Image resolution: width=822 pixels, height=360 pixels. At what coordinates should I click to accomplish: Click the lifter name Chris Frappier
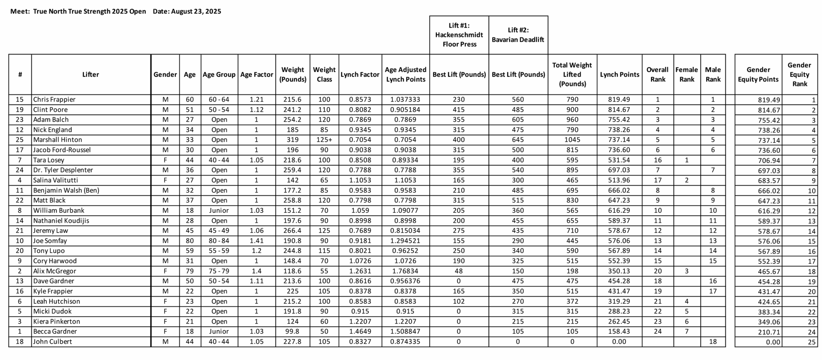click(x=54, y=100)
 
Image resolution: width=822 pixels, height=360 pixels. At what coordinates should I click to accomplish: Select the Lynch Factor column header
click(x=360, y=75)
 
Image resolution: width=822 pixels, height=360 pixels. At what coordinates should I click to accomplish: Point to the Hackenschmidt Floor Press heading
click(x=459, y=35)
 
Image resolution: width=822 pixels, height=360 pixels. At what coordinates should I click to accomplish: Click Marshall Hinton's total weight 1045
click(x=572, y=140)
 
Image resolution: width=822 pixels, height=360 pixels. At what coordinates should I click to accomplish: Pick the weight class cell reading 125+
click(x=324, y=140)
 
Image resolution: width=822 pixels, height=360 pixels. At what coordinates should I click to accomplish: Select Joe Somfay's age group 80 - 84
click(x=219, y=241)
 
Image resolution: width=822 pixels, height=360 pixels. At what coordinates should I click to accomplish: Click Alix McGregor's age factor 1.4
click(x=256, y=271)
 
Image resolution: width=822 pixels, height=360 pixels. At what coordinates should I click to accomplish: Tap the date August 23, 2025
click(x=196, y=12)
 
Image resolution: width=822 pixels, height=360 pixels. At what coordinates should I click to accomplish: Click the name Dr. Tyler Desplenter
click(x=63, y=170)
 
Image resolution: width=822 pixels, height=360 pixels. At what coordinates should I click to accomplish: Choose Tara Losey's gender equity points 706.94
click(x=768, y=161)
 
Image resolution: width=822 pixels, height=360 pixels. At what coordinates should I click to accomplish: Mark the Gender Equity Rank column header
click(x=799, y=75)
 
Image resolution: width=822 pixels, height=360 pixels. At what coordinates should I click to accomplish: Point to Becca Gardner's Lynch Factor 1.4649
click(x=360, y=331)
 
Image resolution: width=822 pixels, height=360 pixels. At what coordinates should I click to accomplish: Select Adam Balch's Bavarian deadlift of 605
click(x=518, y=120)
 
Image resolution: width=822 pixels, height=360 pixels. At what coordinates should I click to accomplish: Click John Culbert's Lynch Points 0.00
click(x=619, y=342)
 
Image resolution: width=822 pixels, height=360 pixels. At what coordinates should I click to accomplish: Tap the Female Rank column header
click(x=686, y=75)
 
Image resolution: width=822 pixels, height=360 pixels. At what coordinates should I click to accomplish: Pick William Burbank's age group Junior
click(x=219, y=211)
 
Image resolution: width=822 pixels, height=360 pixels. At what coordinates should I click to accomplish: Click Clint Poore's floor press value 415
click(x=459, y=110)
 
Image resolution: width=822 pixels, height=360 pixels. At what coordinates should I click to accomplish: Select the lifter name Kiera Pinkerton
click(x=57, y=321)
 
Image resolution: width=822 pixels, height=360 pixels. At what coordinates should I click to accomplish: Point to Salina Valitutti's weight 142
click(x=293, y=180)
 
